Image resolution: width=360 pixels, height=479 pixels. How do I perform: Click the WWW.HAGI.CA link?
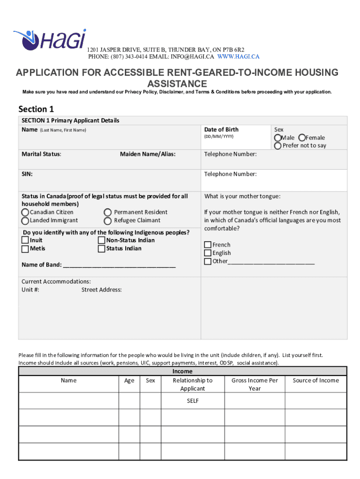click(238, 57)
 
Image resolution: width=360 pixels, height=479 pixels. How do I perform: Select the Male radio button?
click(278, 138)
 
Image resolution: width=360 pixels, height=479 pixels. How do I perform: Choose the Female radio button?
click(302, 138)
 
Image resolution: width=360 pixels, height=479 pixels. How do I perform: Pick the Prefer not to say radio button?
click(278, 145)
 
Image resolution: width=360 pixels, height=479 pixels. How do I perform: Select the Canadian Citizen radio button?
click(25, 212)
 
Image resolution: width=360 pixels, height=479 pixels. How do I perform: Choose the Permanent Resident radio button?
click(108, 212)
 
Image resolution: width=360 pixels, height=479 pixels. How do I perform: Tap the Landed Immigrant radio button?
click(25, 221)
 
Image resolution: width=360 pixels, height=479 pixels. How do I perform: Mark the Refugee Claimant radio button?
click(108, 221)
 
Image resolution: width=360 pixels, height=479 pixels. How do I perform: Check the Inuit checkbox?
click(25, 240)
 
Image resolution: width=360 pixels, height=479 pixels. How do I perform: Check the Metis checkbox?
click(25, 249)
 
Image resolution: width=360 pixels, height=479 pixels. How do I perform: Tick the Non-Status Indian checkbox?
click(101, 240)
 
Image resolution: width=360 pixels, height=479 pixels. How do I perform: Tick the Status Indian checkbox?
click(101, 249)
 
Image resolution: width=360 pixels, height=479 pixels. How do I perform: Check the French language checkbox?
click(208, 245)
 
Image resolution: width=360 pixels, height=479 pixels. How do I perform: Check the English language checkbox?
click(208, 253)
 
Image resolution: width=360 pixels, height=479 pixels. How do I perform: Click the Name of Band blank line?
click(119, 265)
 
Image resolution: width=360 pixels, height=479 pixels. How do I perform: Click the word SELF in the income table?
click(192, 401)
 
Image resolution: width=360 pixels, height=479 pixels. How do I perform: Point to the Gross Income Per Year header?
click(255, 385)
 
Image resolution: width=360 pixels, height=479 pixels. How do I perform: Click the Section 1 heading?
click(36, 109)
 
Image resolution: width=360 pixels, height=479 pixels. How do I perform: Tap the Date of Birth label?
click(221, 130)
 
